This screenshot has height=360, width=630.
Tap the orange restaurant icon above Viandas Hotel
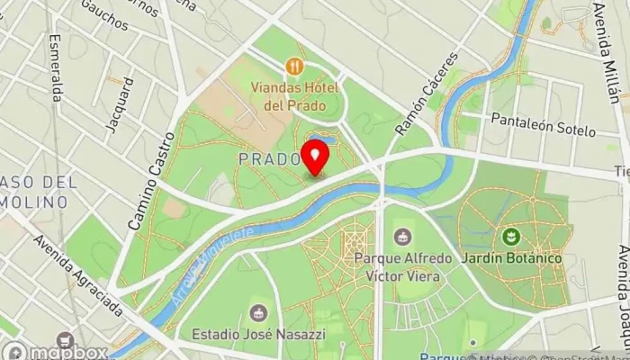[x=293, y=67]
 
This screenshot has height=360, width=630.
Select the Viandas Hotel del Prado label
[x=293, y=96]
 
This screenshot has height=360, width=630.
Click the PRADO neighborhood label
[x=269, y=158]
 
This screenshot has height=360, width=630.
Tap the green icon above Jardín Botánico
[x=512, y=238]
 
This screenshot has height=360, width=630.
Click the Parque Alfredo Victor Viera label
[x=402, y=267]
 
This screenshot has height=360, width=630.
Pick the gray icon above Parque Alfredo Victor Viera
[x=402, y=238]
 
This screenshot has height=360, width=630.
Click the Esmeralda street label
[x=57, y=67]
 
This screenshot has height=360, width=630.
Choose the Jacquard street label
[x=120, y=104]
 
